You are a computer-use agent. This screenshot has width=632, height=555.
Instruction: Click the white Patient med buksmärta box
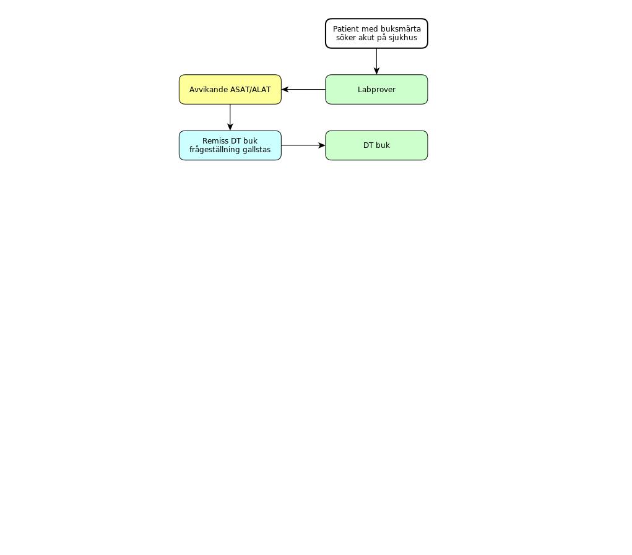click(x=376, y=33)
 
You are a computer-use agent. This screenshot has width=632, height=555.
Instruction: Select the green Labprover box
click(x=376, y=90)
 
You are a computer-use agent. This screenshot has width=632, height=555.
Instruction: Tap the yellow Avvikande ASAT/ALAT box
click(x=230, y=90)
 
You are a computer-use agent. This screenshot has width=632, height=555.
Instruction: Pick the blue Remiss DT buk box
click(x=230, y=145)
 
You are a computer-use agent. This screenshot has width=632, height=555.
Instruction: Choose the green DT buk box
click(x=376, y=145)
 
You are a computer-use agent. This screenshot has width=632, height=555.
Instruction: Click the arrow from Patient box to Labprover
click(x=376, y=62)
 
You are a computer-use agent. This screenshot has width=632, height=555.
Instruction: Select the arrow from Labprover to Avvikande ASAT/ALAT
click(x=303, y=90)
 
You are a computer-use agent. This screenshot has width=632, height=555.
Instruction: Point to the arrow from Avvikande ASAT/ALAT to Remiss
click(x=230, y=117)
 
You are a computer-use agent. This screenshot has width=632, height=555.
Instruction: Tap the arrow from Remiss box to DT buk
click(x=303, y=145)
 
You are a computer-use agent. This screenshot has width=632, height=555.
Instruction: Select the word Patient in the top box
click(x=345, y=29)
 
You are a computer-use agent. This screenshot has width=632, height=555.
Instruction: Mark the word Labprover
click(x=376, y=90)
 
